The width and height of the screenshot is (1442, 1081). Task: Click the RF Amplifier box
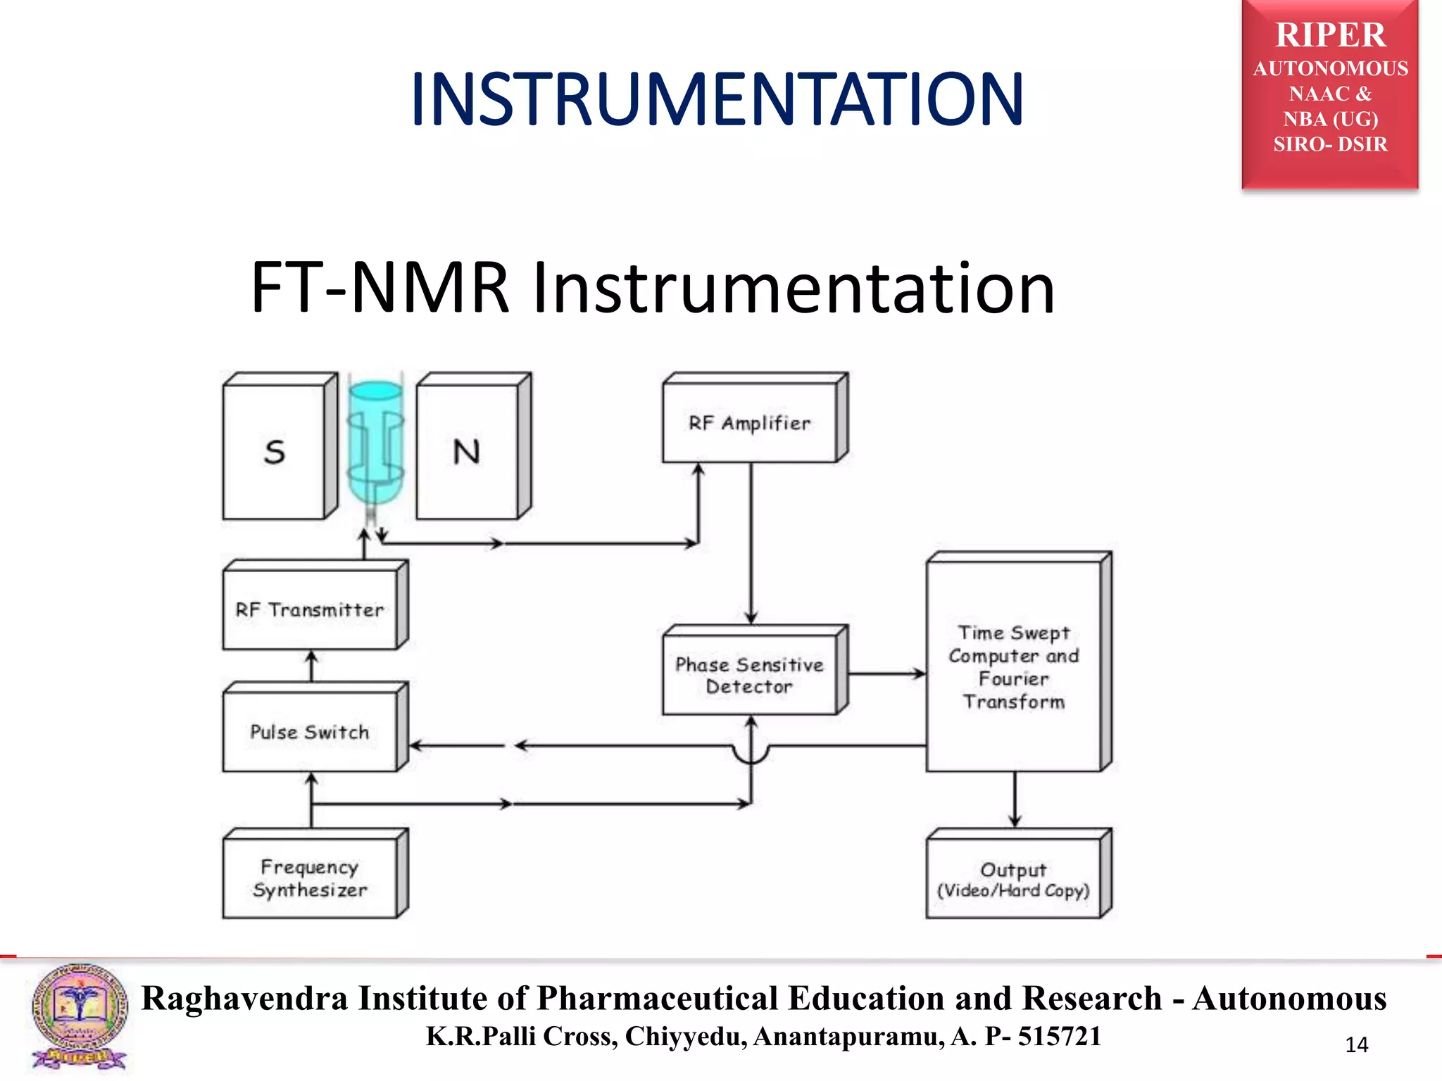[x=750, y=423]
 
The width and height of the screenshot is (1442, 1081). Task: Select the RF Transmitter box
[x=310, y=609]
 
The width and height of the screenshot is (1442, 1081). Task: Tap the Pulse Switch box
[x=310, y=732]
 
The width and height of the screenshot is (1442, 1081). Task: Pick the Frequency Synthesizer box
[x=310, y=878]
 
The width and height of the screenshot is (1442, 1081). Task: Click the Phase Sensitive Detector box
[x=750, y=675]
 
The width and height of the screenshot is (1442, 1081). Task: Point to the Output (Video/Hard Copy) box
[x=1013, y=880]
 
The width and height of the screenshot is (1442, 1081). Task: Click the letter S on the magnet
[x=275, y=452]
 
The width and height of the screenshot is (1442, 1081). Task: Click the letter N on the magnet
[x=466, y=452]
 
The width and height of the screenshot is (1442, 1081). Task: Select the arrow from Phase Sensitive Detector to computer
[x=887, y=674]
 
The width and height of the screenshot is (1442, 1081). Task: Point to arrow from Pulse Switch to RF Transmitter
[x=312, y=665]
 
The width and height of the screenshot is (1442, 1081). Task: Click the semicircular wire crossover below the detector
[x=751, y=755]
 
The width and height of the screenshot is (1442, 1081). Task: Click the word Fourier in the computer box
[x=1013, y=679]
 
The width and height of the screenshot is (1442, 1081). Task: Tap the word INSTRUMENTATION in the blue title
[x=716, y=100]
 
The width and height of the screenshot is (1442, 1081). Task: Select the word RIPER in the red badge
[x=1330, y=35]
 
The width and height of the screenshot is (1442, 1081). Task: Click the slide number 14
[x=1356, y=1045]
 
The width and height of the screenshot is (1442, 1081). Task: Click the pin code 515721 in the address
[x=1059, y=1037]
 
